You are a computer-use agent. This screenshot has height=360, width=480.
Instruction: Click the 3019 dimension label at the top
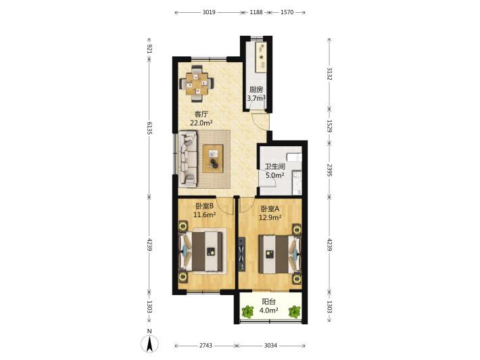tap(209, 12)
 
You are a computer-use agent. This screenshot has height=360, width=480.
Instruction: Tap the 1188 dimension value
tap(256, 12)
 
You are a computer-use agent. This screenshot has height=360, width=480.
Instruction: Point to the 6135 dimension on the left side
tap(149, 128)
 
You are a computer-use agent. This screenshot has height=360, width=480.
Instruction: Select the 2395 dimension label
tap(329, 170)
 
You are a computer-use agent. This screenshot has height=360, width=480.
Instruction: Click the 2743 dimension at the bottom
tap(206, 346)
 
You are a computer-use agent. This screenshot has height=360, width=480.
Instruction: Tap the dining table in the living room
tap(197, 83)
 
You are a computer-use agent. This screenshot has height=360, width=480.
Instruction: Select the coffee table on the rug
tap(213, 157)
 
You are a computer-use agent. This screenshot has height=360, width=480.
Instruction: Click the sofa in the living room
tap(187, 159)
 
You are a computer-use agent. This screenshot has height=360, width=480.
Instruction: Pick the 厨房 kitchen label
tap(256, 90)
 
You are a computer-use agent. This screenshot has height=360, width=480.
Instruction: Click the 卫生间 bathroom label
tap(275, 166)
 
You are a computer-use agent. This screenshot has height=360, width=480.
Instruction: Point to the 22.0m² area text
tap(201, 123)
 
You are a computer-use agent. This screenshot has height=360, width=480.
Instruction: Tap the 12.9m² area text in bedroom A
tap(270, 217)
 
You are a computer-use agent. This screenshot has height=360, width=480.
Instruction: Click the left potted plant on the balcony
tap(247, 311)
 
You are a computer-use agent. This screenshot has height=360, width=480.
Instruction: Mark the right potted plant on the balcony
tap(295, 311)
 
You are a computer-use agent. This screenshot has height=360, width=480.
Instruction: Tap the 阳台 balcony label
tap(269, 302)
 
